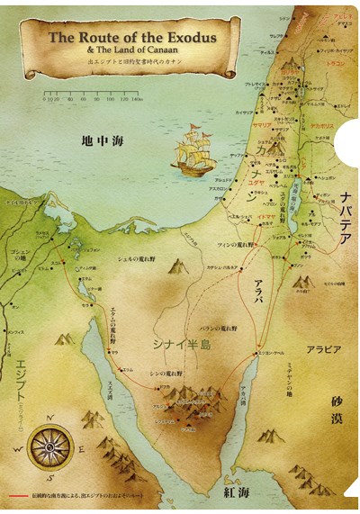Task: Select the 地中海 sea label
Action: [x=98, y=140]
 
